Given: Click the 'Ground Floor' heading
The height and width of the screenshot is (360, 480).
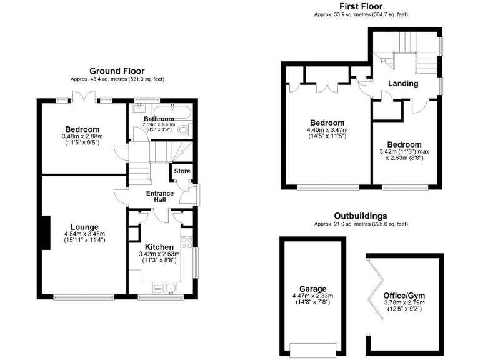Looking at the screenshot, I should [x=118, y=71].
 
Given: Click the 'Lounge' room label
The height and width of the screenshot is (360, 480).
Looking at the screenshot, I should [x=84, y=227].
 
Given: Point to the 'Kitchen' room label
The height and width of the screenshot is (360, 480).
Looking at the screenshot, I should [x=159, y=247].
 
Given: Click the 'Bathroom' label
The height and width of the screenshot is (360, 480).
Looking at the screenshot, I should [x=159, y=119].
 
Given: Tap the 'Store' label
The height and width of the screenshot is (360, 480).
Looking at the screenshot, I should [x=182, y=171].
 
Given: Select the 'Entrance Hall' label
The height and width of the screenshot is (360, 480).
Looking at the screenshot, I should [x=159, y=197].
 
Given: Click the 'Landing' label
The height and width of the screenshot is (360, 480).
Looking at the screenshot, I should [x=402, y=83].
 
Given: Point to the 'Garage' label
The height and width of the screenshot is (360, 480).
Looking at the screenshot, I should [x=312, y=289].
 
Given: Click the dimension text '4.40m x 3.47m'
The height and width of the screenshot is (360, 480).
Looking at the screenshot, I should [x=327, y=130].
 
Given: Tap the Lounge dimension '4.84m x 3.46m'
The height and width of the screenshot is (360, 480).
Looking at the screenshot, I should [x=84, y=234].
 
